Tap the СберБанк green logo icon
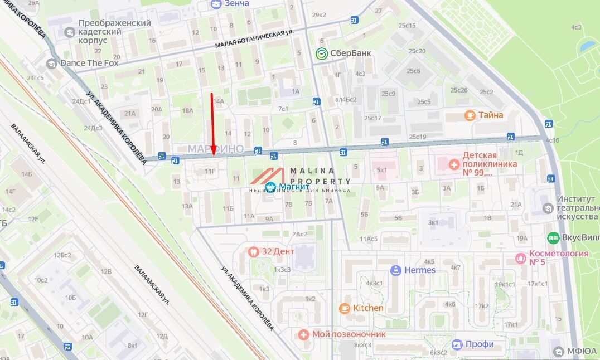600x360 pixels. [321, 53]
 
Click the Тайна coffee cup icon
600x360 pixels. [470, 115]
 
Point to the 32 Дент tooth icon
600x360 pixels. [253, 251]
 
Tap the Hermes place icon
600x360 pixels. [396, 270]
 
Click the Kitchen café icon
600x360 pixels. [345, 308]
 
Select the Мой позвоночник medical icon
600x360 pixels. [303, 334]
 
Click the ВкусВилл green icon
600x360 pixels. [553, 237]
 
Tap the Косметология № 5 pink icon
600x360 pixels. [521, 257]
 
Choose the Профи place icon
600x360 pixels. [457, 344]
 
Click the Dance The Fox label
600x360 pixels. [89, 63]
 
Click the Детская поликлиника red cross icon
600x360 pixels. [454, 164]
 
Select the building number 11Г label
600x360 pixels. [210, 171]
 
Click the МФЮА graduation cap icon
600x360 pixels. [559, 351]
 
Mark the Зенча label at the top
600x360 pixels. [237, 3]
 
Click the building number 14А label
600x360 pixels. [218, 101]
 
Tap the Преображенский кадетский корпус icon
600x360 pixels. [70, 32]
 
